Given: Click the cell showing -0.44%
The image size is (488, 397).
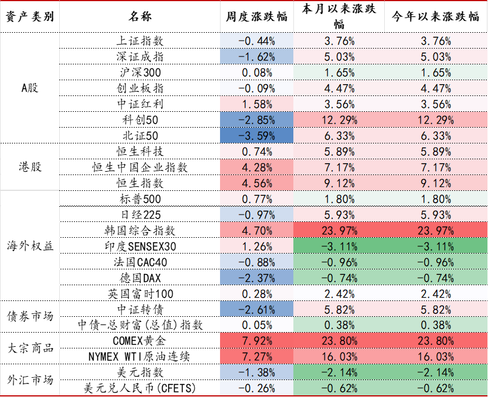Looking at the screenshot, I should (x=257, y=41).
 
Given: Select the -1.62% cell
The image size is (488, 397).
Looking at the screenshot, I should (x=257, y=56).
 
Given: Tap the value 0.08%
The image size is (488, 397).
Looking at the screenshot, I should (x=257, y=72).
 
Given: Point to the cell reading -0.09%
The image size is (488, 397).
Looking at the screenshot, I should (x=257, y=88).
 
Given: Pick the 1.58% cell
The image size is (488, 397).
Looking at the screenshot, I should (x=257, y=104).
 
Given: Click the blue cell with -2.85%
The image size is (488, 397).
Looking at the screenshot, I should (x=257, y=120).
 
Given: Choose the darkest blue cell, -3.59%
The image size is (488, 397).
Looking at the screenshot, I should (x=257, y=136).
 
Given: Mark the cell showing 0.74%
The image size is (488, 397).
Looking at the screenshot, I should (x=257, y=151).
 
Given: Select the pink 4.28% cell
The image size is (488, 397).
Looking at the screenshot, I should (x=257, y=167).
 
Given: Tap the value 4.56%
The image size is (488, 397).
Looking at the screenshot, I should (x=257, y=183).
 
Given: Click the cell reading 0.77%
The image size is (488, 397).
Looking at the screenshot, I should (x=257, y=199).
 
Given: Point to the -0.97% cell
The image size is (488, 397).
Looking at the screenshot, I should (x=257, y=215).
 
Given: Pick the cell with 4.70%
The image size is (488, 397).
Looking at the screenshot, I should (x=257, y=230).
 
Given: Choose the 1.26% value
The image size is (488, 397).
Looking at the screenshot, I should (x=257, y=246).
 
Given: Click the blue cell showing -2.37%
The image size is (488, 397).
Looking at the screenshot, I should (x=257, y=278).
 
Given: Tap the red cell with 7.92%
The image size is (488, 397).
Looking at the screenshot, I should (x=257, y=341).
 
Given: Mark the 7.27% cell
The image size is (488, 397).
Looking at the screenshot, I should (x=257, y=356).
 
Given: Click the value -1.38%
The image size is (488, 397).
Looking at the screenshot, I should (x=257, y=372).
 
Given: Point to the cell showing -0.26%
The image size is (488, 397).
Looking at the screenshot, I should (x=257, y=388).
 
